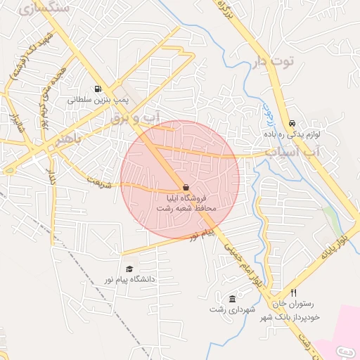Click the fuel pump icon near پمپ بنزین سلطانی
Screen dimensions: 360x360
click(x=96, y=89)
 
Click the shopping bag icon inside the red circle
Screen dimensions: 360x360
click(x=185, y=188)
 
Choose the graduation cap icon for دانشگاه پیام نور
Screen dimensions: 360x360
click(x=129, y=269)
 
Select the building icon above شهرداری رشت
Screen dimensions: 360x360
click(x=233, y=299)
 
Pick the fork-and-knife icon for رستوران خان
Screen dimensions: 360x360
click(x=294, y=293)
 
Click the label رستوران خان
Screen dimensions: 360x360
click(x=302, y=304)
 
